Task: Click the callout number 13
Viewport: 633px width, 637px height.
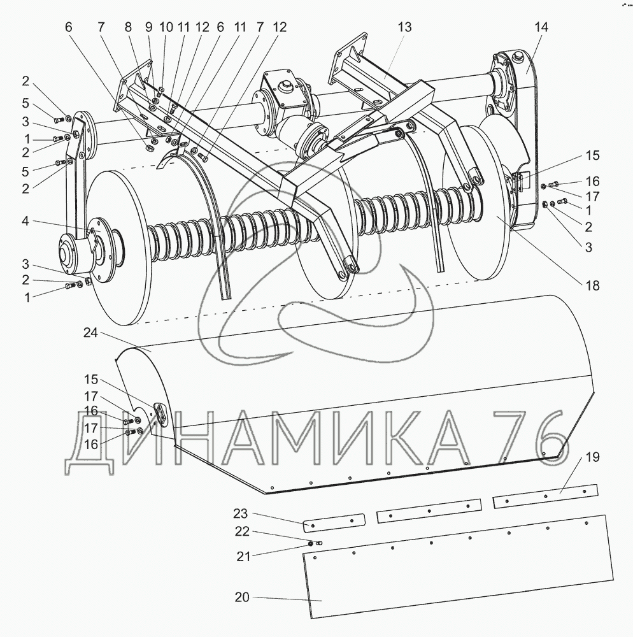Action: click(404, 27)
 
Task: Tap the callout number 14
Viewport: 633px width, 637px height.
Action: click(541, 27)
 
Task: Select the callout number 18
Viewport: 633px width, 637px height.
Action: click(592, 285)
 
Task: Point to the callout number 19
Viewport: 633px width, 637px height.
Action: click(592, 457)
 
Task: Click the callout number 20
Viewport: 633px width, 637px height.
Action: click(242, 598)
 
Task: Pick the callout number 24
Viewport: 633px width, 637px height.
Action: click(90, 333)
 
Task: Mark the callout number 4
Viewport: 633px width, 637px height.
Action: click(25, 222)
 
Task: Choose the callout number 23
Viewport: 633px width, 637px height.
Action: click(240, 513)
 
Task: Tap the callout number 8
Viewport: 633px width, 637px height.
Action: click(128, 27)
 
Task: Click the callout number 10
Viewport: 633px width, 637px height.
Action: click(166, 27)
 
